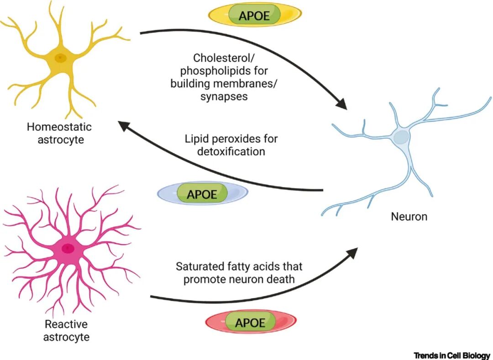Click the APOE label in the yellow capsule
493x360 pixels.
click(254, 16)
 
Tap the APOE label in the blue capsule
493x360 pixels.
click(202, 194)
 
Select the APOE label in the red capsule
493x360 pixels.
click(250, 323)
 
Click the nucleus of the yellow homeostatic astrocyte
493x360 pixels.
click(60, 58)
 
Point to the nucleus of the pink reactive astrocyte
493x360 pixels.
click(68, 248)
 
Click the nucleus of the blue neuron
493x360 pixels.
click(402, 137)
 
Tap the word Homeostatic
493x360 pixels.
click(59, 126)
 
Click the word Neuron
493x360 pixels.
click(409, 216)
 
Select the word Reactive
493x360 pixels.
click(66, 323)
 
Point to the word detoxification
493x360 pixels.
click(231, 151)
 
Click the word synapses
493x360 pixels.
click(224, 96)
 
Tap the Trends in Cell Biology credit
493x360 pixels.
click(452, 355)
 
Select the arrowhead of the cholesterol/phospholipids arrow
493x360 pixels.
click(342, 104)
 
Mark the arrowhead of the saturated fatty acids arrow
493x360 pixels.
click(352, 252)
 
